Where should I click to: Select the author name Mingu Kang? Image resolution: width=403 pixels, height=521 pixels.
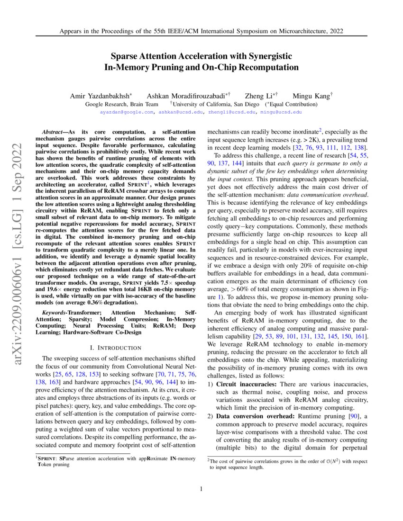[x=311, y=96]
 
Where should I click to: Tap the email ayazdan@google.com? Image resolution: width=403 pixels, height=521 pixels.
[x=127, y=112]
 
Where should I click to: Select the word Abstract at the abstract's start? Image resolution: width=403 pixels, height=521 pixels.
[x=52, y=131]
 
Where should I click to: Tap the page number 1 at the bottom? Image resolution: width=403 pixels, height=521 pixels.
[x=201, y=489]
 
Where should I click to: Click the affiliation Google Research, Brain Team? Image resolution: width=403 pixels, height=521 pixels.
[x=122, y=104]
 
